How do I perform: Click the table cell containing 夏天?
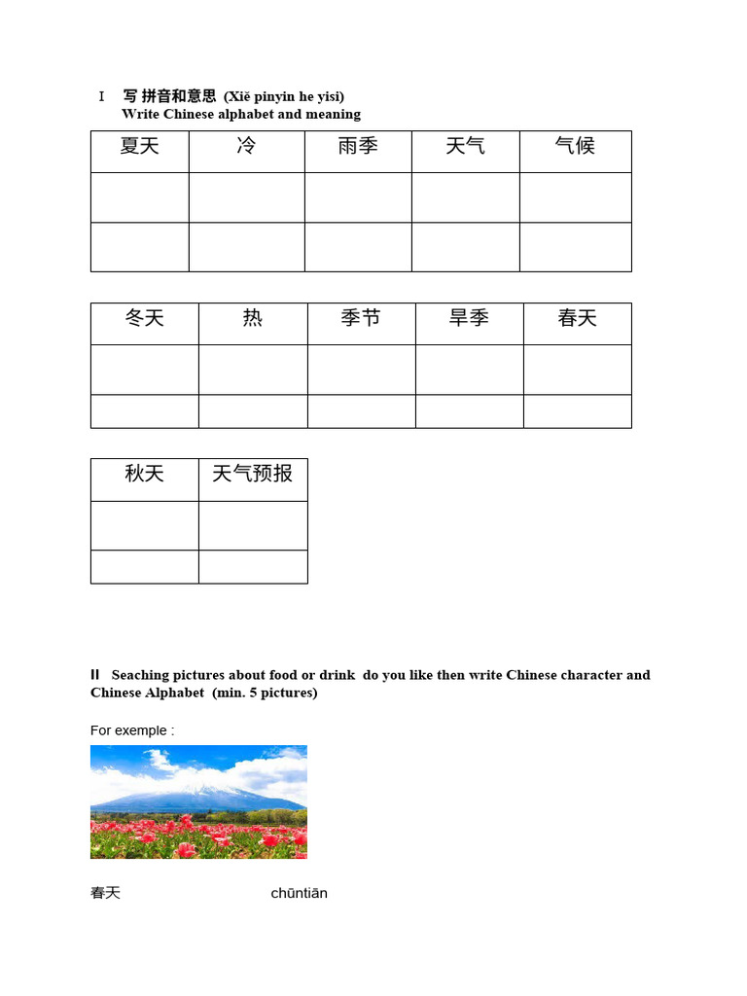(x=139, y=148)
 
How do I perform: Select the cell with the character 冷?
(x=246, y=148)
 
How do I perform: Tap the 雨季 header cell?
(x=358, y=148)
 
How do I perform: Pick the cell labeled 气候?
(x=575, y=148)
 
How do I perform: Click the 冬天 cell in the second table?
(x=144, y=320)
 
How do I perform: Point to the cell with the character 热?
(x=253, y=320)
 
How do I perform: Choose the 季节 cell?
(x=361, y=320)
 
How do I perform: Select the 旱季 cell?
(x=469, y=320)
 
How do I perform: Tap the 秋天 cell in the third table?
(x=144, y=476)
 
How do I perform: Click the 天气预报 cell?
(x=253, y=476)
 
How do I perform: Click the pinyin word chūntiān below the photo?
(x=299, y=893)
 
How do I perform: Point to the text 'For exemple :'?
(x=132, y=730)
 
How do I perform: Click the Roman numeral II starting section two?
(x=95, y=674)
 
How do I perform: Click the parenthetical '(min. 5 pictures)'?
(x=265, y=693)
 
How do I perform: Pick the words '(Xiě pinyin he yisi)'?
(x=284, y=96)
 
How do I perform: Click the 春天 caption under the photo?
(x=105, y=893)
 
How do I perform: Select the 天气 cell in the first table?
(x=465, y=148)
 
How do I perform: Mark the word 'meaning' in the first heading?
(x=334, y=114)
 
